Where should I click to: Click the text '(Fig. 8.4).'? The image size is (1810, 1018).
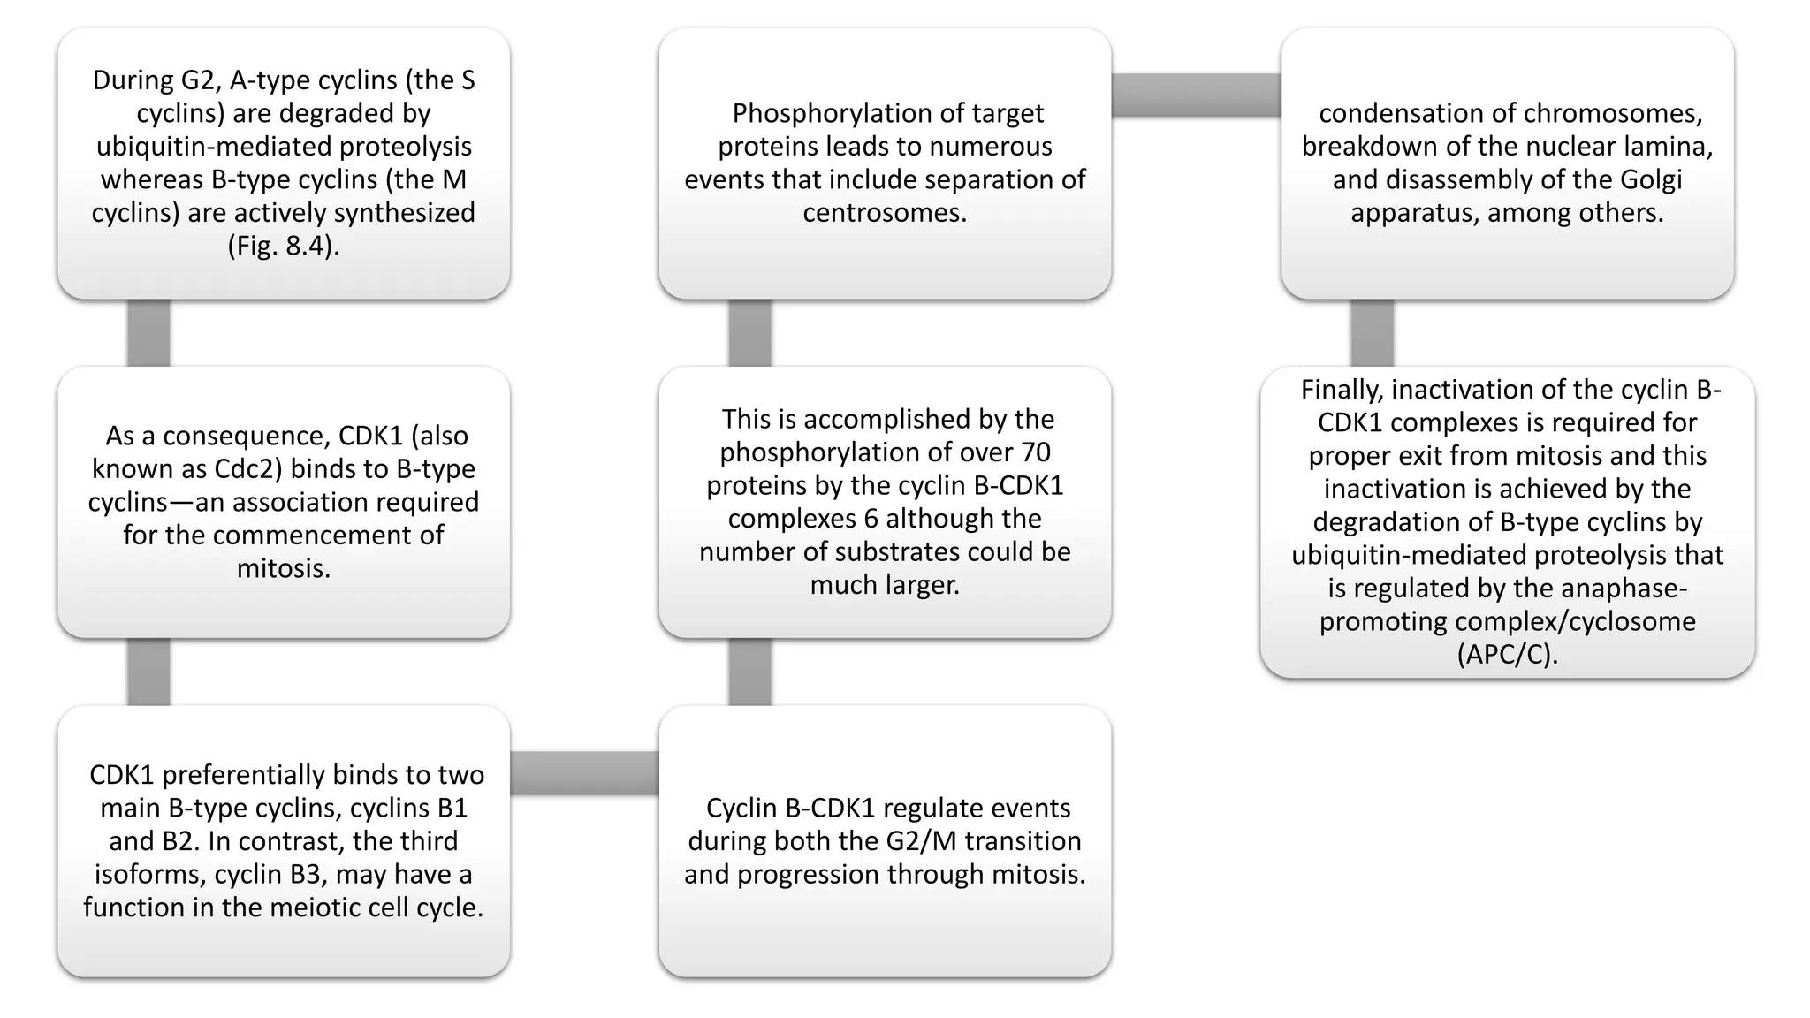click(x=283, y=246)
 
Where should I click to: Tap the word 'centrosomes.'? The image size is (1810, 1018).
click(x=885, y=212)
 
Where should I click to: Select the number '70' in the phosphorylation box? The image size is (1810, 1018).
click(x=1035, y=452)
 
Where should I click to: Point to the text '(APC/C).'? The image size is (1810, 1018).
click(x=1507, y=654)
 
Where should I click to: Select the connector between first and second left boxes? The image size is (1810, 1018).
click(x=148, y=333)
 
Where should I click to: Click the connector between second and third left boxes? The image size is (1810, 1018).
click(x=148, y=672)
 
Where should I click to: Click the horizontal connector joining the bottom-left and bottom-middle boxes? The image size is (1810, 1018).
click(x=584, y=773)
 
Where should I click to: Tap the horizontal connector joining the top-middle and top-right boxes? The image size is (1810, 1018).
click(x=1196, y=95)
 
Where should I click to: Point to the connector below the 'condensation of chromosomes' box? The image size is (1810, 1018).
click(x=1373, y=333)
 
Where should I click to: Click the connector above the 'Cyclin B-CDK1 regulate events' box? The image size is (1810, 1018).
click(x=750, y=672)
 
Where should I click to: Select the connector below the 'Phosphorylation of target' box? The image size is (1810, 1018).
click(x=750, y=333)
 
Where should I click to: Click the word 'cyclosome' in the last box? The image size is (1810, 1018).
click(x=1634, y=621)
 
